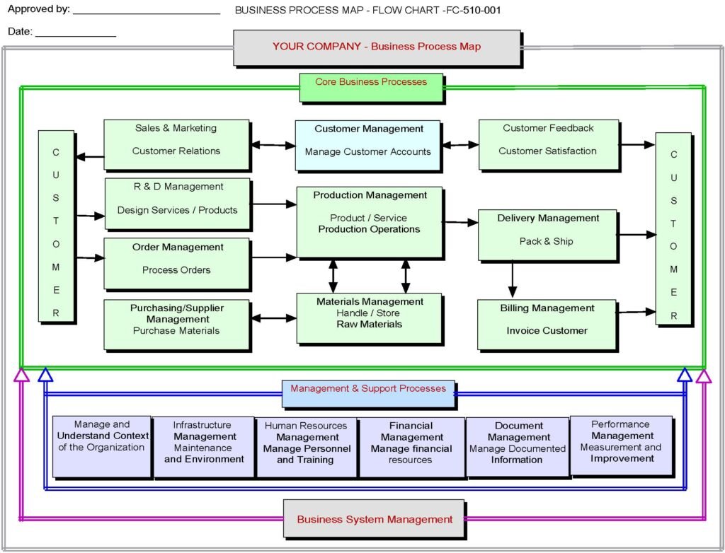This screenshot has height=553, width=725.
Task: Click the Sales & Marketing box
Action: coord(176,144)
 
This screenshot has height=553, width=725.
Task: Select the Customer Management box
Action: coord(367,145)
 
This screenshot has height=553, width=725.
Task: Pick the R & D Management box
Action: coord(177,203)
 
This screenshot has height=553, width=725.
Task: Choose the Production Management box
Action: coord(370,222)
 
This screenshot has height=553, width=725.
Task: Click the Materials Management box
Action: coord(369,318)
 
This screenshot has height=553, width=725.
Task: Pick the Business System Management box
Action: coord(374,518)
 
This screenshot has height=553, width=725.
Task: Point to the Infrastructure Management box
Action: coord(203,446)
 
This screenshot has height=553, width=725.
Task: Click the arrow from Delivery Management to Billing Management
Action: coord(513,279)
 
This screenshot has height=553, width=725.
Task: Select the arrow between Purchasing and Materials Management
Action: coord(273,318)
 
